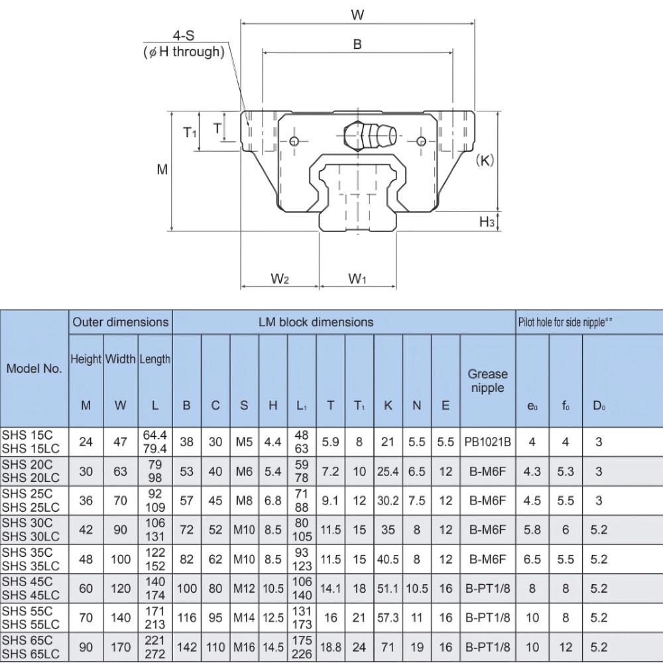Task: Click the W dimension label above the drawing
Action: [x=357, y=14]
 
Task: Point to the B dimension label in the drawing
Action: [x=357, y=44]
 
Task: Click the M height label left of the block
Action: [x=162, y=170]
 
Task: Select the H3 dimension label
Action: [x=487, y=222]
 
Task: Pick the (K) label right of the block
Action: [x=485, y=160]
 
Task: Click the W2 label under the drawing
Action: [x=280, y=279]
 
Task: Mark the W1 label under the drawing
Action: [x=357, y=279]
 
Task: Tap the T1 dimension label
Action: [x=190, y=133]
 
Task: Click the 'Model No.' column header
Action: [x=34, y=369]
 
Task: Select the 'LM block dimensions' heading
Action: [x=316, y=322]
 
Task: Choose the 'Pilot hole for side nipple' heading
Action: [x=564, y=322]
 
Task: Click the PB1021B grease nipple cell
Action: [x=487, y=442]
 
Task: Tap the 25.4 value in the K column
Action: [x=387, y=471]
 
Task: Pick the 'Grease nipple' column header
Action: [x=487, y=381]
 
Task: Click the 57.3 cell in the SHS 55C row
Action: [x=387, y=618]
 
